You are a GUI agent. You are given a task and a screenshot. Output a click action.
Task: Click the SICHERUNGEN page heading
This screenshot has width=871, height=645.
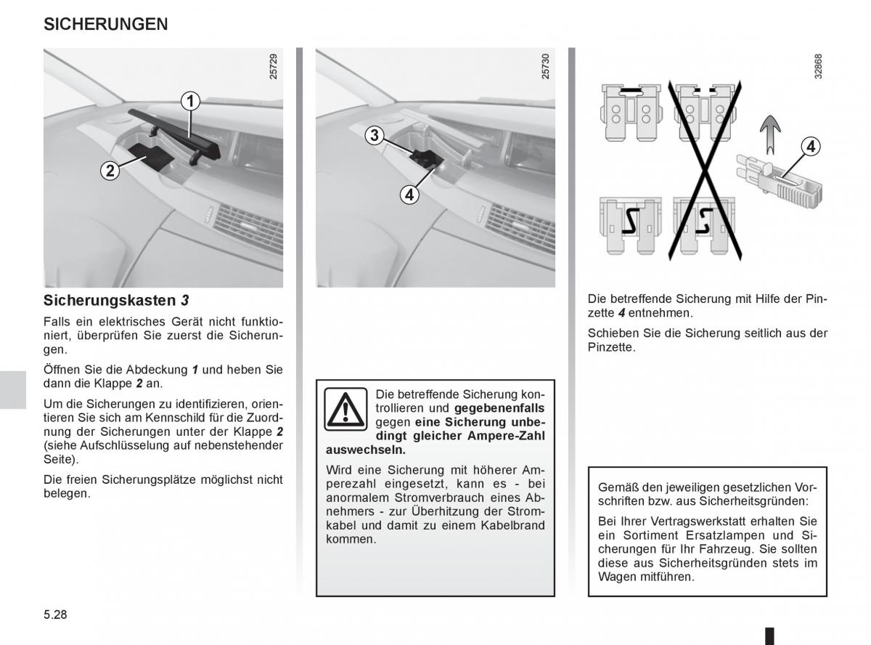tap(106, 24)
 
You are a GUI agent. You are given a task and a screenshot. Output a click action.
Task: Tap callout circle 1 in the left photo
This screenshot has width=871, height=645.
tap(190, 101)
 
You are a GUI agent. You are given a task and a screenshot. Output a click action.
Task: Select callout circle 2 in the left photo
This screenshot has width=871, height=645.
tap(110, 171)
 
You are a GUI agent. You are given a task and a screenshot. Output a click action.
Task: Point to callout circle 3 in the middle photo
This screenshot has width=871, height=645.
tap(374, 135)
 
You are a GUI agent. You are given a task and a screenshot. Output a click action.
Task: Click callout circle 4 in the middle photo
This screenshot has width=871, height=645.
tap(409, 194)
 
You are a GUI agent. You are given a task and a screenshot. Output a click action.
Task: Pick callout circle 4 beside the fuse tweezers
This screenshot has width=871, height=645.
tap(810, 147)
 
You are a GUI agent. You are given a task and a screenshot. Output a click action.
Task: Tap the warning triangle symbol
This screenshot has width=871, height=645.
tap(346, 408)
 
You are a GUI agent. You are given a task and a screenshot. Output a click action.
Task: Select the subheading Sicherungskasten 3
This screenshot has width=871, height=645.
tap(116, 300)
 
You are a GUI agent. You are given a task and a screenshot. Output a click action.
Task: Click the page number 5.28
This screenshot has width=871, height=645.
tap(55, 614)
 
